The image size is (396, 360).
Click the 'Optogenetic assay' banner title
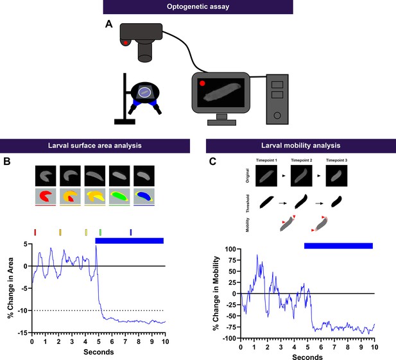[x=198, y=6]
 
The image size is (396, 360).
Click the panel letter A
[x=109, y=24]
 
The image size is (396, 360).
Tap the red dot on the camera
[x=126, y=42]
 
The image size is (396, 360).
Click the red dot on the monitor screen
[x=202, y=83]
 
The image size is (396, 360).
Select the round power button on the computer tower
[x=277, y=116]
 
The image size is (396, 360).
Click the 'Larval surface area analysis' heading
[x=95, y=146]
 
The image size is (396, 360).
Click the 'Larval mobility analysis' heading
[x=301, y=146]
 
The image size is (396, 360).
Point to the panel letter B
[x=7, y=161]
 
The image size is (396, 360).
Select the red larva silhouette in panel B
[x=46, y=196]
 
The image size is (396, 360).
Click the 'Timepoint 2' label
[x=301, y=160]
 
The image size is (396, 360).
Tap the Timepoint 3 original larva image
[x=336, y=176]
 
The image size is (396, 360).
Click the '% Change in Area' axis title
[x=11, y=288]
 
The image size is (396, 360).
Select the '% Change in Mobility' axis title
[x=216, y=293]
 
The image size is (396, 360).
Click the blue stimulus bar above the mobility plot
[x=338, y=246]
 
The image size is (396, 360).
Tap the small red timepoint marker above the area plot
[x=35, y=232]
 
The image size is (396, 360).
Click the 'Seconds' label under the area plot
[x=99, y=352]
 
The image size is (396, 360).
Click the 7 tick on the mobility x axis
[x=334, y=347]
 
